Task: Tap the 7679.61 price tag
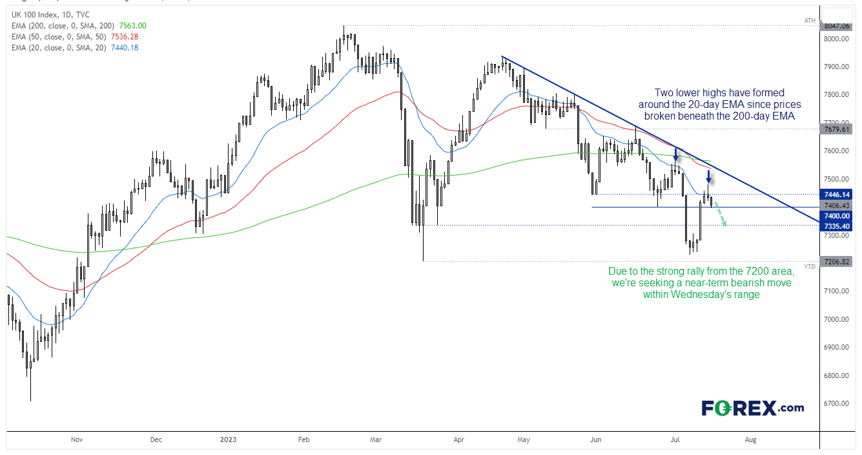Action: [x=836, y=129]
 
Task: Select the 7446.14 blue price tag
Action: [x=836, y=195]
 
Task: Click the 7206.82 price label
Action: [x=836, y=262]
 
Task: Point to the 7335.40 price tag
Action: [x=836, y=226]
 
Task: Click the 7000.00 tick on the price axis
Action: [x=836, y=319]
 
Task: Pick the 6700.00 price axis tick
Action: [x=836, y=403]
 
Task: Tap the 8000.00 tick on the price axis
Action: [x=836, y=39]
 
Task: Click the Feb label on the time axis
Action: [x=304, y=439]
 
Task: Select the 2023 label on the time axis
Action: [x=228, y=439]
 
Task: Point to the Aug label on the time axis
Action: [x=750, y=439]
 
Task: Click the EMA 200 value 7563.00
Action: [x=132, y=26]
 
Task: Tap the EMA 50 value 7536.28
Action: [x=125, y=37]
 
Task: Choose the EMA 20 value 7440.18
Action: [x=125, y=48]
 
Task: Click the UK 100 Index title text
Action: [x=34, y=15]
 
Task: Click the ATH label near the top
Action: [x=810, y=21]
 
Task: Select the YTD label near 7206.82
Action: [x=810, y=267]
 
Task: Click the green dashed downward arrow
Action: [x=721, y=214]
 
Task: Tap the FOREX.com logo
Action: [x=752, y=408]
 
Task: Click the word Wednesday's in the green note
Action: [x=703, y=294]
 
